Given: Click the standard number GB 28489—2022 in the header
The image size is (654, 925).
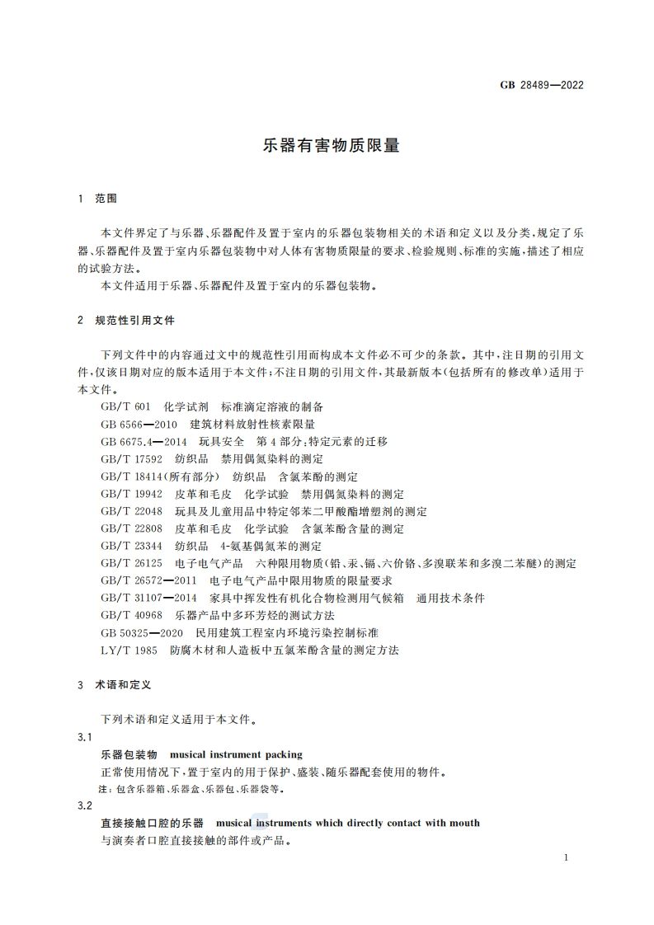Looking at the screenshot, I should [542, 85].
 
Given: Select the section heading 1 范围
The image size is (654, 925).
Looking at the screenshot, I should [96, 199].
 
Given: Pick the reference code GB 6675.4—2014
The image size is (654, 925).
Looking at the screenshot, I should [144, 442].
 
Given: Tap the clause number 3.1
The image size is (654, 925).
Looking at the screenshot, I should [83, 736].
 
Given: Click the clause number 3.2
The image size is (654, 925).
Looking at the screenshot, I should [83, 805].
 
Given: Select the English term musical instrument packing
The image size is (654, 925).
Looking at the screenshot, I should [236, 754].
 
